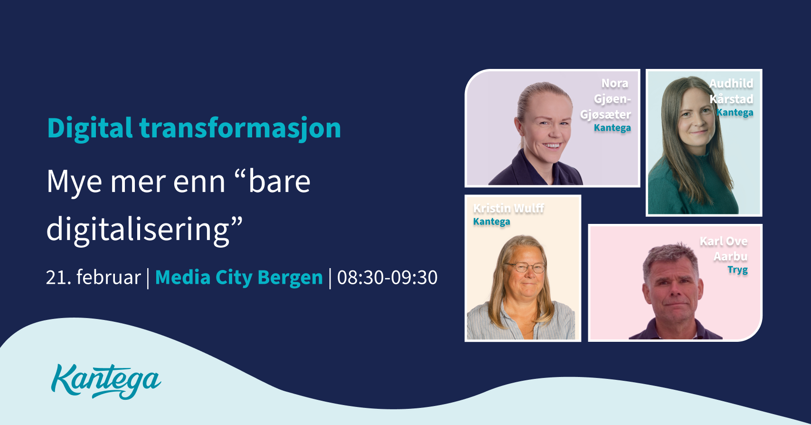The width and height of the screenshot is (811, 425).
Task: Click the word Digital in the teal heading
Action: point(90,128)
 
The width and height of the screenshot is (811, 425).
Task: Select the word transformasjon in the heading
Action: point(240,128)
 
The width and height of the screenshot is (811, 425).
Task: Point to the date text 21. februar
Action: point(94,278)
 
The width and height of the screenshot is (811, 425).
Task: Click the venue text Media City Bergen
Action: point(239,278)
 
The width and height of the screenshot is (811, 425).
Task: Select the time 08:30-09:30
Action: point(387,278)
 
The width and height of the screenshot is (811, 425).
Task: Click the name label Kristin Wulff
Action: point(509,208)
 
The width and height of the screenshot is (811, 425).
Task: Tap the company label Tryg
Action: point(737,270)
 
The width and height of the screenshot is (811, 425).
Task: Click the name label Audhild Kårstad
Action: point(731,91)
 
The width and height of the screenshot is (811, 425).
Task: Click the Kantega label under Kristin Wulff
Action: point(491,222)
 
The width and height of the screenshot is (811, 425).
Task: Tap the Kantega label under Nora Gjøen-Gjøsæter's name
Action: point(612,128)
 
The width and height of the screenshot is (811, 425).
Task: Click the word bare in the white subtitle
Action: point(279,182)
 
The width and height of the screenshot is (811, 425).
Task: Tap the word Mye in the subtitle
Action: point(74,182)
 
